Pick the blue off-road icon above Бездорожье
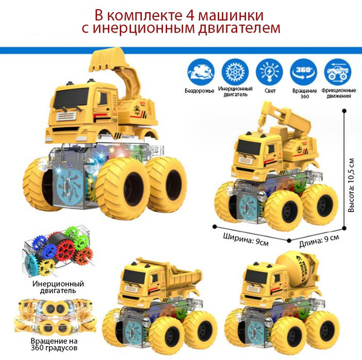click(x=201, y=72)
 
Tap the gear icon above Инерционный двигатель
click(x=235, y=72)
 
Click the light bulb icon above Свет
click(x=270, y=72)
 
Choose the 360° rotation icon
click(x=303, y=72)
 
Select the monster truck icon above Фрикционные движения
click(x=338, y=72)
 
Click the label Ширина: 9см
click(x=246, y=239)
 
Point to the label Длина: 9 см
click(x=319, y=241)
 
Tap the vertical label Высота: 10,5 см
click(x=351, y=185)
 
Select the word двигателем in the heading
click(x=239, y=28)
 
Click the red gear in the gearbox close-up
click(x=66, y=250)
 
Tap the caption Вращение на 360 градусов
click(x=54, y=344)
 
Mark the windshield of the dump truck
click(x=135, y=274)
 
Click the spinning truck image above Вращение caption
click(x=55, y=315)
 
